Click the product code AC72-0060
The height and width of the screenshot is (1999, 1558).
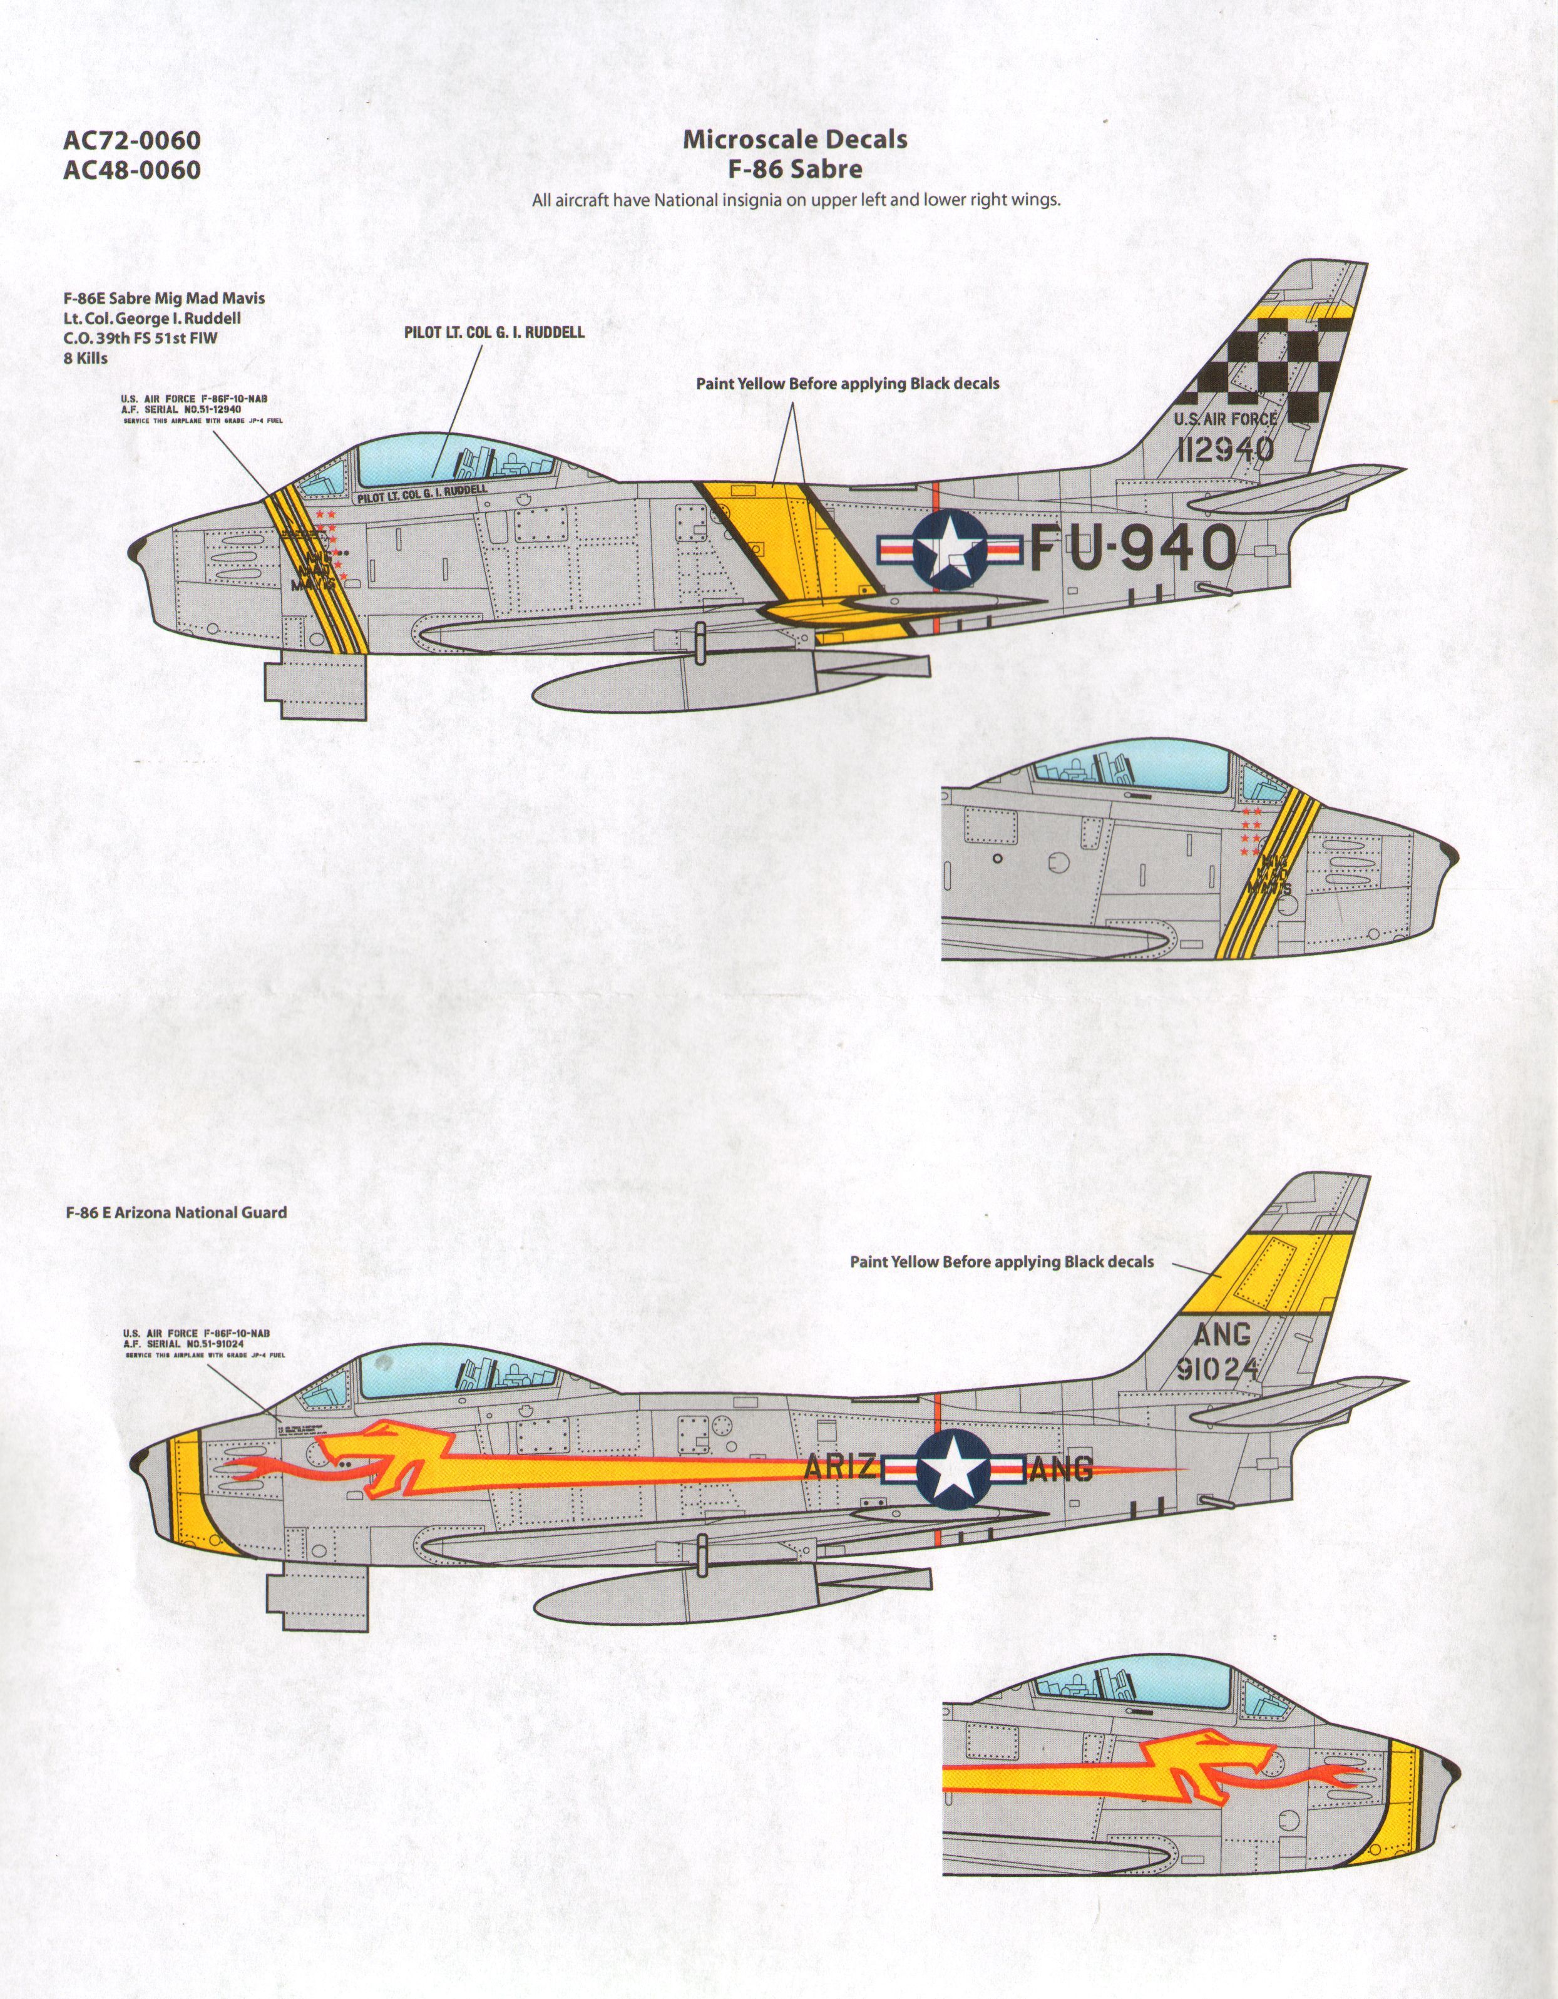point(132,141)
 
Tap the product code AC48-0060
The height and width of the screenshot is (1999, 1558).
point(132,170)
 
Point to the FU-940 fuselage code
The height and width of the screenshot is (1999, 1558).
point(1132,549)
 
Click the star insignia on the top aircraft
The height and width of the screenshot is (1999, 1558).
point(950,548)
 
